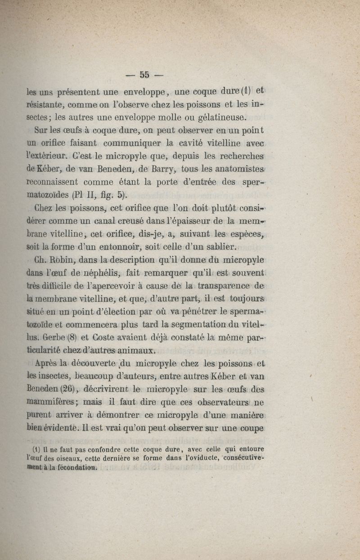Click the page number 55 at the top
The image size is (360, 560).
144,75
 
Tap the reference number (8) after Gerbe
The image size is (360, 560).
73,337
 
